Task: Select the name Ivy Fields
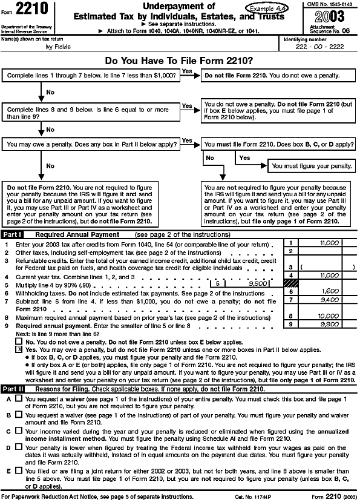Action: tap(45, 46)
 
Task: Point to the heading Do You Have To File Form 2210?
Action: tap(179, 61)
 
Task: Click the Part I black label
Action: tap(13, 234)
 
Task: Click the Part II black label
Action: tap(13, 389)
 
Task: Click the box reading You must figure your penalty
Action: tap(312, 165)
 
